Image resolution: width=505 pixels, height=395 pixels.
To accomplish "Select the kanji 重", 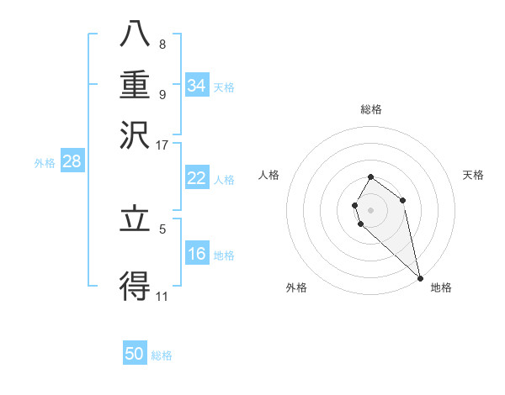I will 135,87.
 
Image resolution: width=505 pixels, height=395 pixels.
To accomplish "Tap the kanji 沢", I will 135,135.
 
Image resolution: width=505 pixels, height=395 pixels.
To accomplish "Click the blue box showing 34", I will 196,85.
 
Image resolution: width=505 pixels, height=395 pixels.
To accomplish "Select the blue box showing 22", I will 196,178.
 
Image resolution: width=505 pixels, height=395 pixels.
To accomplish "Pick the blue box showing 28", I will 72,162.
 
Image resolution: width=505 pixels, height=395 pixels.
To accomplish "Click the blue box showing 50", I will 135,354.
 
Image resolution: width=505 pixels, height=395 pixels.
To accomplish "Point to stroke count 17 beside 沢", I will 162,145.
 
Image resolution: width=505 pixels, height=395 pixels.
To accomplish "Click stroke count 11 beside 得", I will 162,297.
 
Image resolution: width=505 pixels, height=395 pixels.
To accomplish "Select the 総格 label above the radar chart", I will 371,109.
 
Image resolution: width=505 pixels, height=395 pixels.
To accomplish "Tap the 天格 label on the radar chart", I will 473,175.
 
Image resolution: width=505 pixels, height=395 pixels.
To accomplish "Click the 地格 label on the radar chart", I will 441,287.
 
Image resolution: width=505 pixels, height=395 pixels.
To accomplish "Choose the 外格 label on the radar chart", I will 296,287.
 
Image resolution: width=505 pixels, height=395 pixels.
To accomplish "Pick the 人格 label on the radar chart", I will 268,175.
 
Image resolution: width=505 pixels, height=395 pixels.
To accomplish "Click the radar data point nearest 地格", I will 420,277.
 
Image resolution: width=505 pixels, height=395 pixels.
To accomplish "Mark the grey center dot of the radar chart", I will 371,210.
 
